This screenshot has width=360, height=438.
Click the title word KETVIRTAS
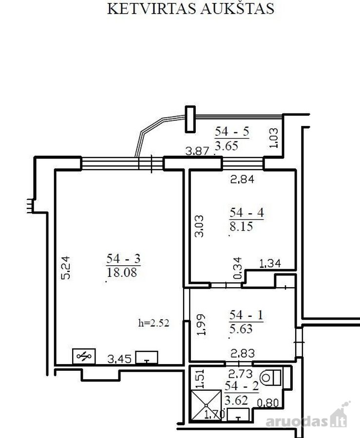coord(151,9)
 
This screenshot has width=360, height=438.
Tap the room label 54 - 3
coord(123,259)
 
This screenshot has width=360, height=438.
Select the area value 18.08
coord(122,272)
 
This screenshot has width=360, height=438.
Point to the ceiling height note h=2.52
coord(154,323)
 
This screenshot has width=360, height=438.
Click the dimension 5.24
coord(66,268)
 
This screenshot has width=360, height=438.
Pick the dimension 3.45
coord(119,359)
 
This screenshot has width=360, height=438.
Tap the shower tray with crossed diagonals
coord(206,405)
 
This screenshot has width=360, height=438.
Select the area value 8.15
coord(241,226)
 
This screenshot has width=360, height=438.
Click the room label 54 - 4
coord(246,213)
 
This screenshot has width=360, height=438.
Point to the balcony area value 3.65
coord(226,146)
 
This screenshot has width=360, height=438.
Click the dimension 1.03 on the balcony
coord(274,138)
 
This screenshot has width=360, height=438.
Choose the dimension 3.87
coord(197,151)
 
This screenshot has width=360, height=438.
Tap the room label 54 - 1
coord(246,315)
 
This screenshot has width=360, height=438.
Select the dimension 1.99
coord(201,325)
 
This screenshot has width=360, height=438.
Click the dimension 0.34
coord(237,268)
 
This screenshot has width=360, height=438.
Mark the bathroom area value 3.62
coord(236,401)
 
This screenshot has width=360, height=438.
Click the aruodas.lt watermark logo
coord(308,418)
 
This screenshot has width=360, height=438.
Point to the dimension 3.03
coord(199,226)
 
